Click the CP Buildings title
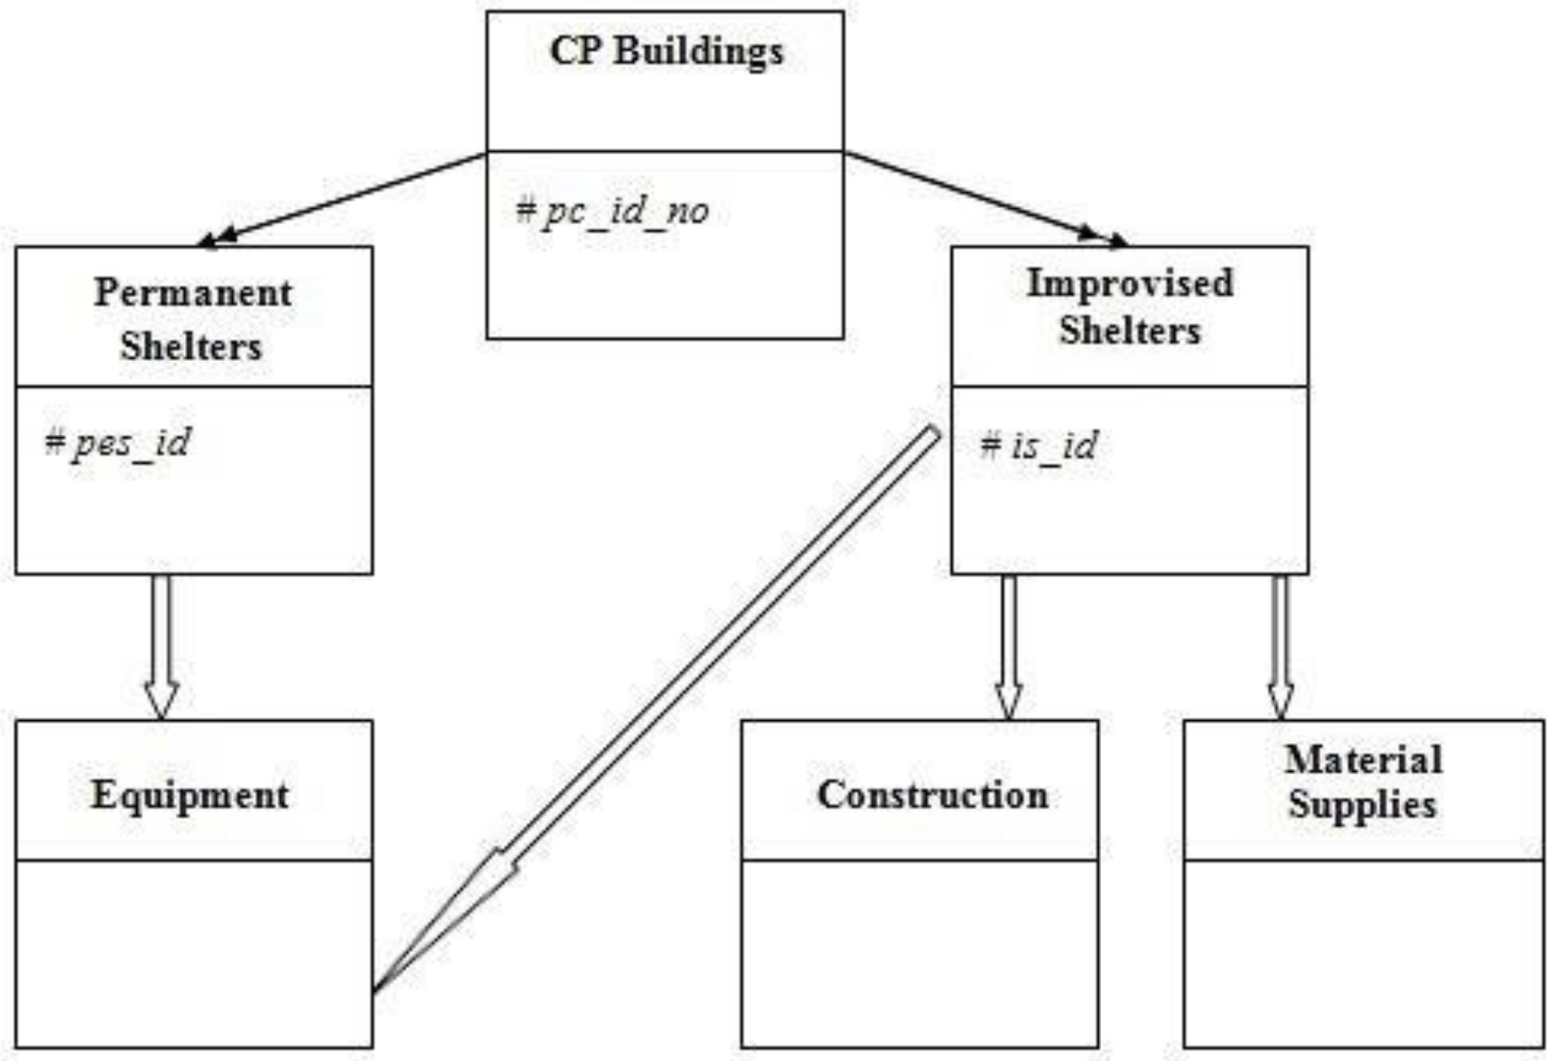pyautogui.click(x=666, y=52)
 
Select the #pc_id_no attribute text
pyautogui.click(x=612, y=211)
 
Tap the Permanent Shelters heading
pyautogui.click(x=193, y=318)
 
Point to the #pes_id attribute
pyautogui.click(x=117, y=443)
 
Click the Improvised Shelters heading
pyautogui.click(x=1130, y=307)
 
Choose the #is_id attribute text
pyautogui.click(x=1038, y=446)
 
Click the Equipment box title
pyautogui.click(x=190, y=795)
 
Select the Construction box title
pyautogui.click(x=932, y=795)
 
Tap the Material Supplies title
pyautogui.click(x=1362, y=782)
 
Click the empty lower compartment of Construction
pyautogui.click(x=920, y=953)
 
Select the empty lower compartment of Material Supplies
pyautogui.click(x=1364, y=953)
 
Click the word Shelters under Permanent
pyautogui.click(x=191, y=345)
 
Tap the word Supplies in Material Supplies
pyautogui.click(x=1362, y=805)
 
